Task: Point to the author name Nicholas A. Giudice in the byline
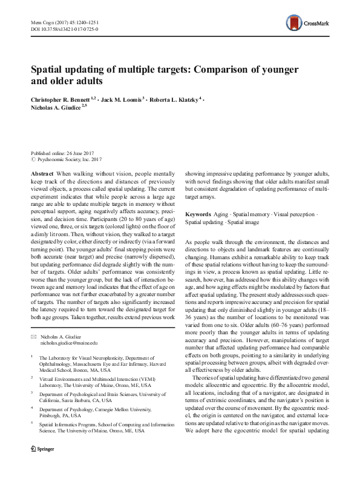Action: (56, 108)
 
